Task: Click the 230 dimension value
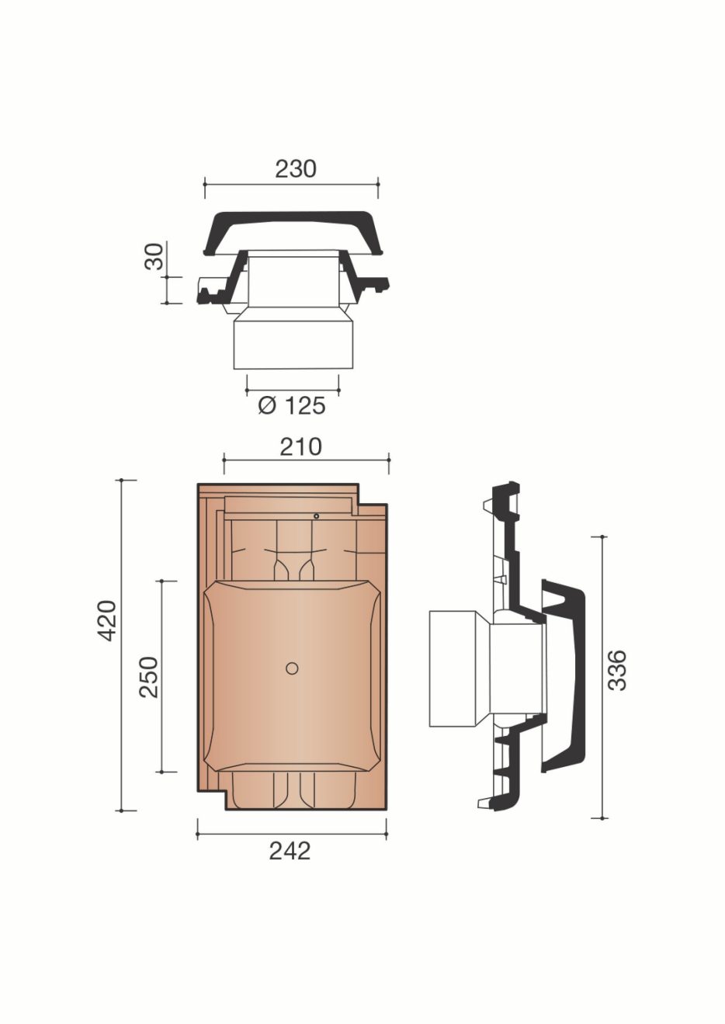pos(296,168)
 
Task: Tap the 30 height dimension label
pos(155,256)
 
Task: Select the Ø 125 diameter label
pos(292,405)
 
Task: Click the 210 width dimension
pos(300,446)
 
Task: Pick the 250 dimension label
pos(149,676)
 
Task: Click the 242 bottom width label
pos(290,851)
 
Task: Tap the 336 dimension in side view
pos(617,670)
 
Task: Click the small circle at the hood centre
pos(292,668)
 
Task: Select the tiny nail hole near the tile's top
pos(317,516)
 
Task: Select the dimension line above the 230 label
pos(292,185)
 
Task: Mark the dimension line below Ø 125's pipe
pos(293,386)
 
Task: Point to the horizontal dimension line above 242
pos(292,835)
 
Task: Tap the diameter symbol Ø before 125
pos(267,405)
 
